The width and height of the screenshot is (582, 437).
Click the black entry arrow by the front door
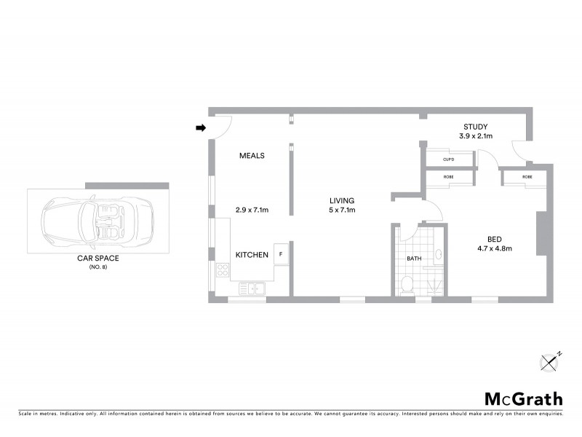click(x=202, y=129)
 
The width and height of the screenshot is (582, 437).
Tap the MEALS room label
click(x=252, y=155)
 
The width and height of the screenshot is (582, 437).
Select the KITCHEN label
click(x=252, y=255)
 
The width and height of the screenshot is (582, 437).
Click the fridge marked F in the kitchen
click(x=281, y=254)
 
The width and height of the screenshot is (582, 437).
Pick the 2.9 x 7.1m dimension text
click(x=252, y=210)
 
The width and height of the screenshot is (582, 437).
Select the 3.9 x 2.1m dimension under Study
click(x=476, y=136)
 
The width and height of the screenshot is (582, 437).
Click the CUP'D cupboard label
click(x=448, y=160)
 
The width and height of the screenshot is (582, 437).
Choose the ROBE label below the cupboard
click(x=448, y=177)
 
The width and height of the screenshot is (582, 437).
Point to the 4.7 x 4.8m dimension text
click(x=495, y=248)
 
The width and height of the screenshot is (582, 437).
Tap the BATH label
click(x=414, y=259)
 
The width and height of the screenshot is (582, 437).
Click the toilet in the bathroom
click(x=408, y=284)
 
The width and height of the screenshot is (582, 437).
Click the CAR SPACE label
click(x=97, y=258)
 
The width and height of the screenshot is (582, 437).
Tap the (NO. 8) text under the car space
click(x=97, y=267)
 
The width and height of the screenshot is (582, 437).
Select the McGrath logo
click(x=523, y=398)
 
